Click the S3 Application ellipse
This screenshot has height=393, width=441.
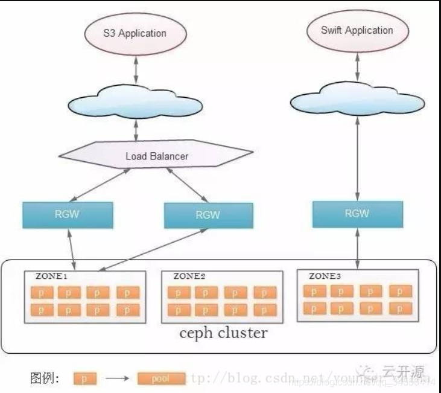tap(133, 33)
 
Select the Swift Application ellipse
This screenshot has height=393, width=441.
tap(357, 30)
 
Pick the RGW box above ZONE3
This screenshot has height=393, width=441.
tap(357, 214)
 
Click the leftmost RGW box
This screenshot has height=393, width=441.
tap(68, 216)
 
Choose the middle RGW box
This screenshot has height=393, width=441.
tap(208, 216)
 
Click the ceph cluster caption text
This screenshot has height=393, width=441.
tap(223, 333)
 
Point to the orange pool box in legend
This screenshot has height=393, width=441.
tap(160, 379)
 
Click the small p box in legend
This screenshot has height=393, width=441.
tap(84, 379)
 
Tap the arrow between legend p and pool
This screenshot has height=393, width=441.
tap(118, 379)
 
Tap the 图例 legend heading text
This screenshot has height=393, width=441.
tap(43, 379)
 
